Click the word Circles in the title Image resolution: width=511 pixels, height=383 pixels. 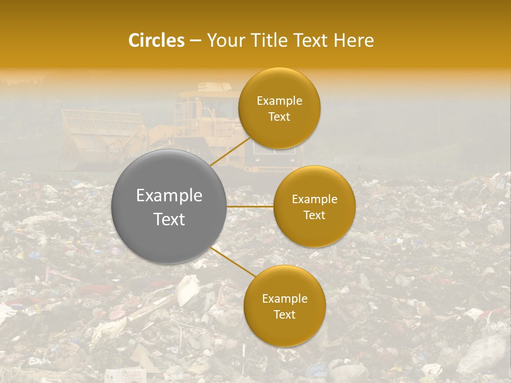coord(156,40)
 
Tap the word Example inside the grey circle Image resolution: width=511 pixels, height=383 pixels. coord(169,196)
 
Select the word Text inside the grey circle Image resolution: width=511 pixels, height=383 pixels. coord(169,219)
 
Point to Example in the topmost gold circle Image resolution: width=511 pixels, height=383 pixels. coord(279,101)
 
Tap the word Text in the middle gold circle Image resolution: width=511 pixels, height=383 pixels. coord(314,215)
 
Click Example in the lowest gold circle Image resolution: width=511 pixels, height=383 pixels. coord(285,299)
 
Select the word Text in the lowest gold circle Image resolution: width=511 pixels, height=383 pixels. coord(285,315)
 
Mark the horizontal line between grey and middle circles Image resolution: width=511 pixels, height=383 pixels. coord(250,206)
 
